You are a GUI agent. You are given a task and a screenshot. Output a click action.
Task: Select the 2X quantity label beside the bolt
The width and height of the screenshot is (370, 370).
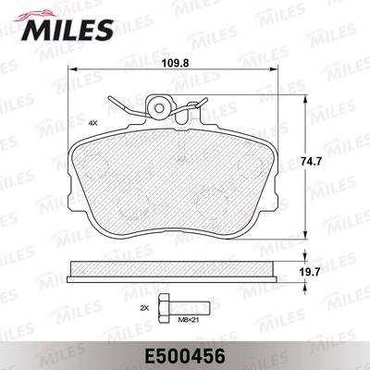[143, 305]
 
